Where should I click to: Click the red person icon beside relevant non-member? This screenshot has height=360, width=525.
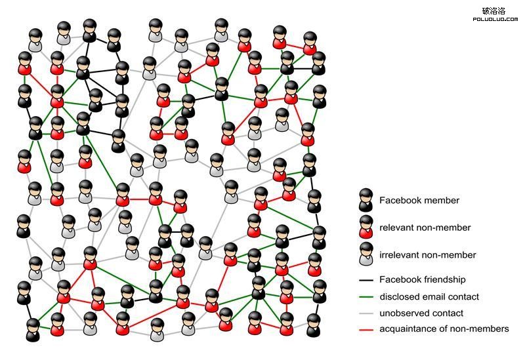pos(366,228)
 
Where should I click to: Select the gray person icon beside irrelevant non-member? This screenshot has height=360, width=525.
pos(366,256)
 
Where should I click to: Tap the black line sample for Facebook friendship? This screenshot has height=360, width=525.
pos(366,280)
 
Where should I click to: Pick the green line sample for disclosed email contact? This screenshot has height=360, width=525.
pos(366,297)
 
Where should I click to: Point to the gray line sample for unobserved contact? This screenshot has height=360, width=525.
pos(366,313)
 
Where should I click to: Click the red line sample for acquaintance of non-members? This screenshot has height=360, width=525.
pos(366,329)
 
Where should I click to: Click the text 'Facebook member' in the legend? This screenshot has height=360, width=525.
pos(419,201)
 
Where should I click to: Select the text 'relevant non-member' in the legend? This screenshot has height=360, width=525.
pos(425,228)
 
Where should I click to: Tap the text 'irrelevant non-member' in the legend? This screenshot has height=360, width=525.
pos(427,255)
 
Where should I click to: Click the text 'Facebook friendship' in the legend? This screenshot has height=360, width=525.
pos(423,280)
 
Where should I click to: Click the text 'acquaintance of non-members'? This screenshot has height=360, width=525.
pos(444,329)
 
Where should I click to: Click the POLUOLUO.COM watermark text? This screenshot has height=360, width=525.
pos(495,20)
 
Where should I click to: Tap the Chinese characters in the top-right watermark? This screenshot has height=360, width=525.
pos(494,10)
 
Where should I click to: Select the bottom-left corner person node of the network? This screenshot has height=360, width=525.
pos(33,330)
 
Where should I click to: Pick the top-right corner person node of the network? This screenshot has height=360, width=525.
pos(319,64)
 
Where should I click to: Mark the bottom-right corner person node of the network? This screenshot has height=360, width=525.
pos(314,325)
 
